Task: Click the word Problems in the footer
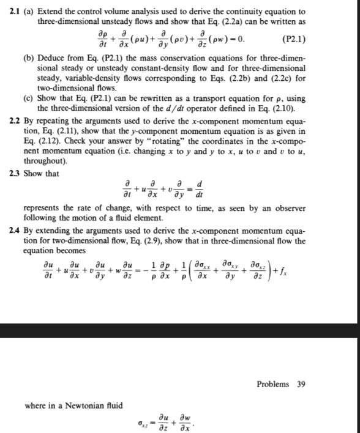(x=273, y=384)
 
